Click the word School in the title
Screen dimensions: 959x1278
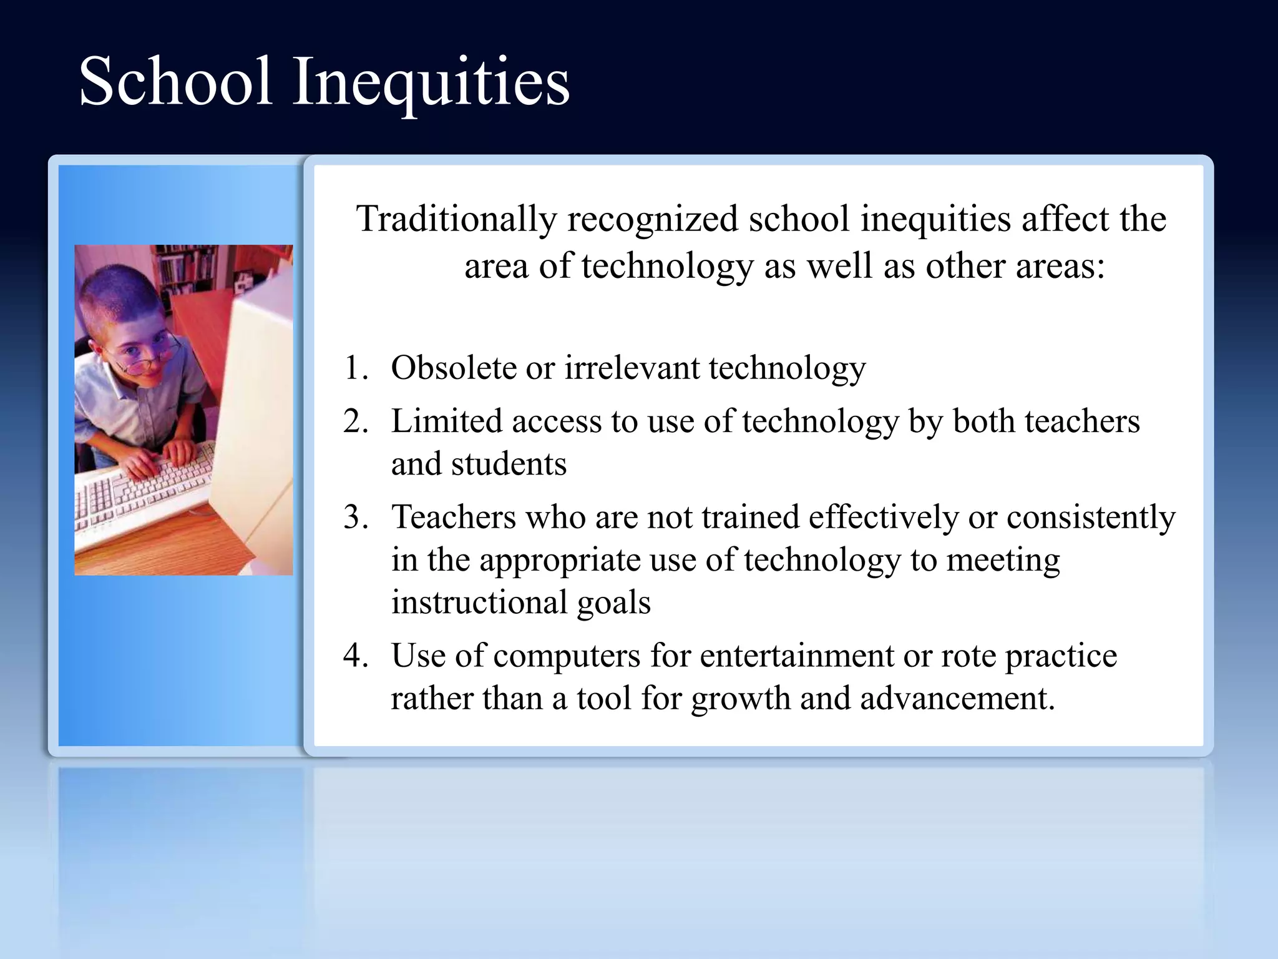pyautogui.click(x=175, y=81)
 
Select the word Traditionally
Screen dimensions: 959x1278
pyautogui.click(x=456, y=219)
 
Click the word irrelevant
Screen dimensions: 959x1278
pyautogui.click(x=632, y=367)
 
